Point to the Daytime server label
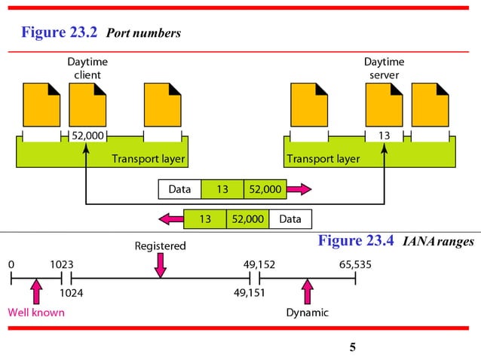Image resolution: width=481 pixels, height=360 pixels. (384, 69)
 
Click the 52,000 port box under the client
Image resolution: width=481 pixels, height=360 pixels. (87, 136)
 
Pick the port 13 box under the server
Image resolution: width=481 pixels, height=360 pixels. (384, 136)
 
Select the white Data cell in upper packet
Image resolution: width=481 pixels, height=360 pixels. (179, 189)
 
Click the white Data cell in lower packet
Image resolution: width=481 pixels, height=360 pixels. (290, 219)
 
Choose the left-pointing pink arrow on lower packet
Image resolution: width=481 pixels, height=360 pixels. (170, 219)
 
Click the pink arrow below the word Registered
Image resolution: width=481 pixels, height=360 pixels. (160, 264)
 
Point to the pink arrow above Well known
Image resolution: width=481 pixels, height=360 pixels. (35, 292)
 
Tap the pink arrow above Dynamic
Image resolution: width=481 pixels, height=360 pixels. (307, 292)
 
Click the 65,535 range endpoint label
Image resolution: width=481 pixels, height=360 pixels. (355, 264)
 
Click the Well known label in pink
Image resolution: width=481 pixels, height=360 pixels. (36, 313)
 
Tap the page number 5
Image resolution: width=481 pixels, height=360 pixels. (353, 347)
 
